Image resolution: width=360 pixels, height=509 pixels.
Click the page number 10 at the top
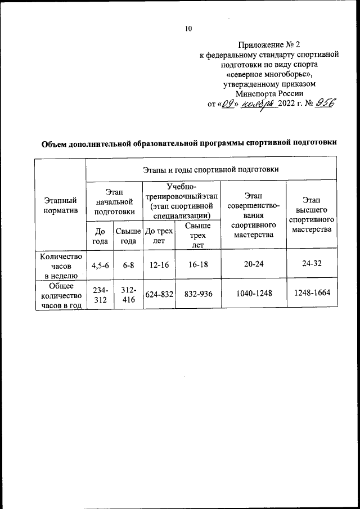point(188,30)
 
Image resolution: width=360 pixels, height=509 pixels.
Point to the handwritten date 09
point(228,104)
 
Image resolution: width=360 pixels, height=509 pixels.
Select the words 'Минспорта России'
point(269,94)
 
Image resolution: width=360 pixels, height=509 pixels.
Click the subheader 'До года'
point(100,236)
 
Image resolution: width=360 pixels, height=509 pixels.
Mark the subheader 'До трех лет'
point(159,236)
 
